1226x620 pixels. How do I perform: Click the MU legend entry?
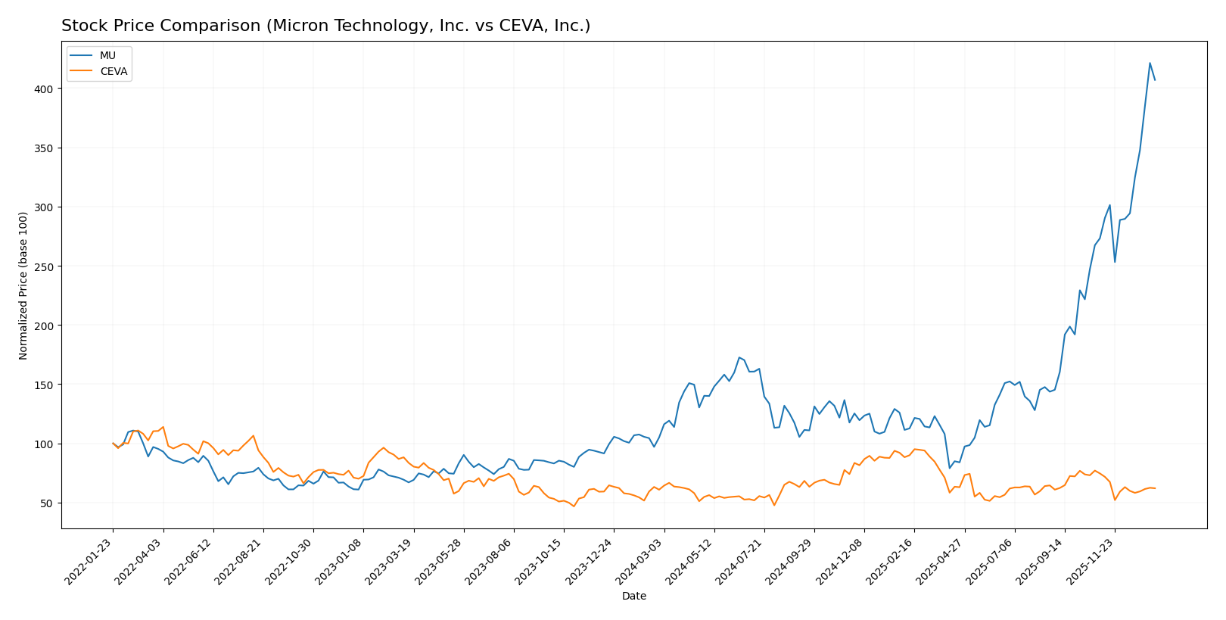click(107, 56)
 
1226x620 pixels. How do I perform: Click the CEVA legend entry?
click(114, 72)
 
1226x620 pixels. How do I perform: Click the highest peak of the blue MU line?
click(1150, 63)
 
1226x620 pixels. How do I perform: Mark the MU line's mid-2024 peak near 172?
click(739, 357)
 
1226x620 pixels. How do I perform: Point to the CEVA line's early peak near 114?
click(163, 427)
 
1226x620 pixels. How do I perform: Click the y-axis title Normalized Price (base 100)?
click(23, 285)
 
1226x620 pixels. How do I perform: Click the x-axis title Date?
click(633, 597)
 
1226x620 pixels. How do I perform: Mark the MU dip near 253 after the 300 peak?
click(1114, 262)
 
